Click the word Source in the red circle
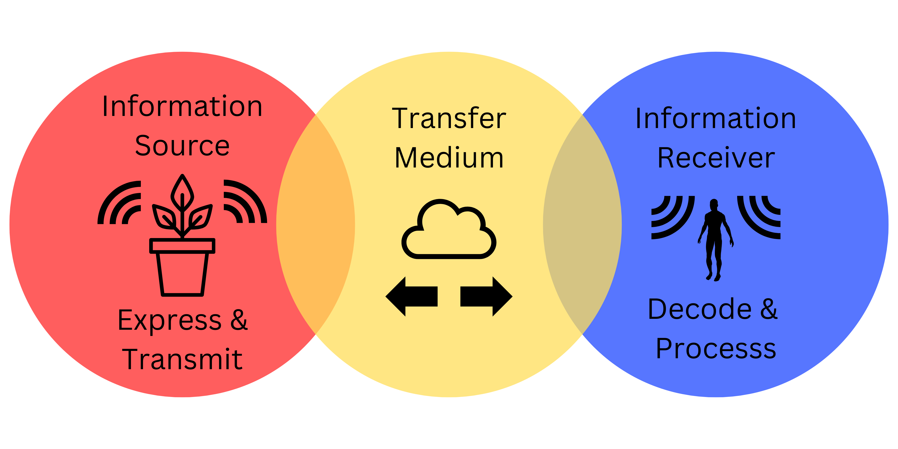coord(182,146)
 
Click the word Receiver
coord(716,158)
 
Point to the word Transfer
coord(449,119)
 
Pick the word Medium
coord(449,158)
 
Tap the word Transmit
coord(182,359)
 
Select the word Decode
coord(700,309)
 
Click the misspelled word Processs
coord(716,349)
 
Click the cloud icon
coord(449,230)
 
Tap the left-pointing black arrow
coord(411,296)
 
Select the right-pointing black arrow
coord(487,296)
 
